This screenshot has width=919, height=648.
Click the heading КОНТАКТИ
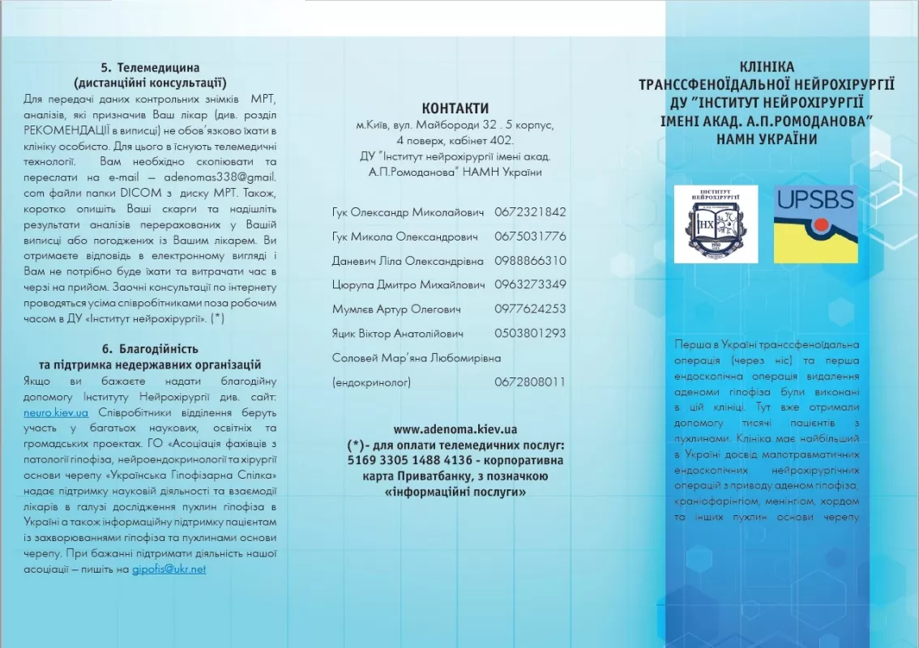[x=455, y=109]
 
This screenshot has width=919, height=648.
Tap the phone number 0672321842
[x=530, y=212]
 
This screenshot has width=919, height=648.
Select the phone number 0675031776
[x=530, y=237]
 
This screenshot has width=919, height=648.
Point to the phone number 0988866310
[x=530, y=261]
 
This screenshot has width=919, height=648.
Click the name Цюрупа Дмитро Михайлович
[x=408, y=285]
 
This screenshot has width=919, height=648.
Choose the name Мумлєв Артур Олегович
[x=396, y=309]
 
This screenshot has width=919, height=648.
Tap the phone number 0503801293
[x=530, y=333]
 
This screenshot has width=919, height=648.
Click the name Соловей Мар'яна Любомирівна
[x=417, y=357]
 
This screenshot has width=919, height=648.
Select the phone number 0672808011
[x=530, y=382]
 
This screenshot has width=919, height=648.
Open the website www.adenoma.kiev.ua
[x=455, y=429]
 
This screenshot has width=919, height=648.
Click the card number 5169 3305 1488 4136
[x=404, y=460]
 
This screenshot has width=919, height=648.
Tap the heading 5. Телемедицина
[x=151, y=68]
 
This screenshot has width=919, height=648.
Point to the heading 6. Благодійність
[x=151, y=349]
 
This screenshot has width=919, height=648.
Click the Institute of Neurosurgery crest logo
[x=716, y=224]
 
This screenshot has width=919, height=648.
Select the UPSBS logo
[x=815, y=224]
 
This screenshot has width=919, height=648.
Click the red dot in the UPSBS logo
[x=821, y=224]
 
